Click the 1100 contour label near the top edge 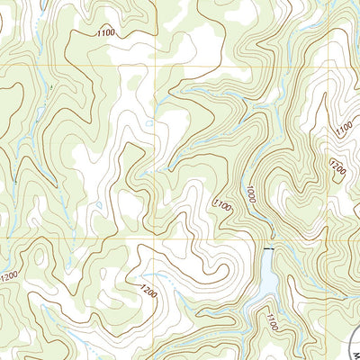tap(104, 33)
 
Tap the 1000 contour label tap(249, 194)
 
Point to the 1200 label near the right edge tap(338, 167)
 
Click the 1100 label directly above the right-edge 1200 tap(343, 130)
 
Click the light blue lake tap(267, 279)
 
